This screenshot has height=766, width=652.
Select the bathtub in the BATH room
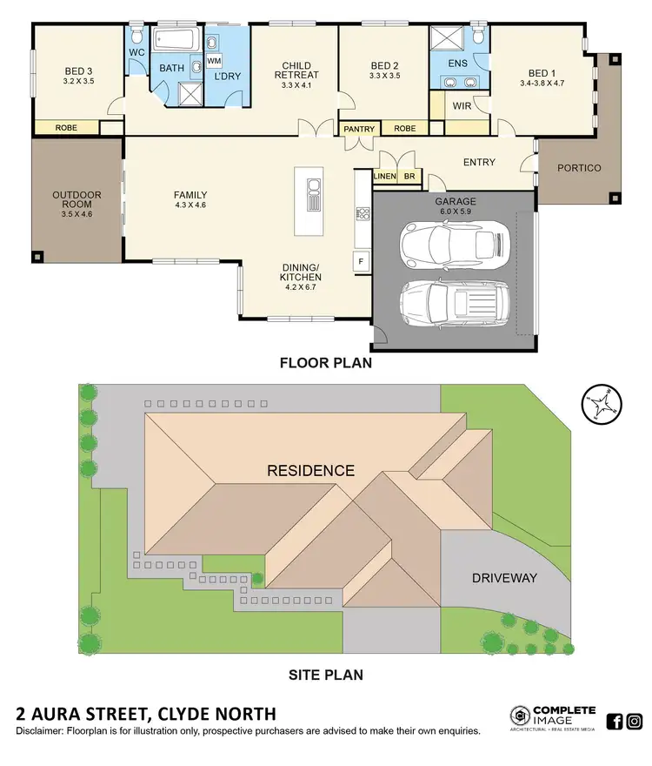[176, 40]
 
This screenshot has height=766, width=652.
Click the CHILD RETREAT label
[296, 71]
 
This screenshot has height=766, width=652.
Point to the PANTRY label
[359, 130]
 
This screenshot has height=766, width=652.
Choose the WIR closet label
[462, 106]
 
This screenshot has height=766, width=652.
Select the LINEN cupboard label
[385, 177]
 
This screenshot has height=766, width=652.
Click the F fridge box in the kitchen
[361, 260]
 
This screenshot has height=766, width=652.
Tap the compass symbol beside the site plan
[600, 403]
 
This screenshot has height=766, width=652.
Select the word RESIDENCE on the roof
[310, 471]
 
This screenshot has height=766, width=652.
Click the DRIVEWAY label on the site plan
[504, 578]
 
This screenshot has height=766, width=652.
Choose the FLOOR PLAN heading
[325, 363]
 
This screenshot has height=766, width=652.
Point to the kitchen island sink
[313, 196]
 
